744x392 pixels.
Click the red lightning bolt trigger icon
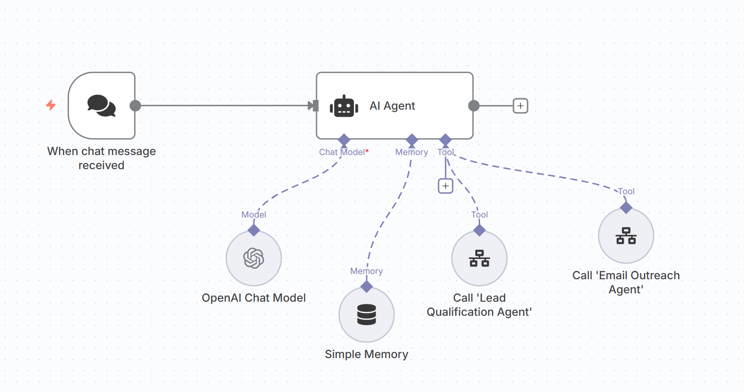click(x=51, y=105)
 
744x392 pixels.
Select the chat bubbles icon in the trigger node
click(x=101, y=106)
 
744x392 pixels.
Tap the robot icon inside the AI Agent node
click(x=344, y=106)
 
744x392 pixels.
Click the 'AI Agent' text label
click(x=392, y=106)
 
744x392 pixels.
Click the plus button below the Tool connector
click(x=446, y=186)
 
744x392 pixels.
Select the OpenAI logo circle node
click(x=254, y=258)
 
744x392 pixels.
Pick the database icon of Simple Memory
click(x=367, y=314)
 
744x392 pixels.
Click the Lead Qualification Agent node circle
click(x=480, y=258)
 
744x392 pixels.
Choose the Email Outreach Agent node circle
click(x=626, y=236)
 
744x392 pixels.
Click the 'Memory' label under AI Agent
click(x=412, y=152)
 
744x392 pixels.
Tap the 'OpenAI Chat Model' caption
click(x=254, y=298)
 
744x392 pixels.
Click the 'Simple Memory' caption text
click(x=367, y=354)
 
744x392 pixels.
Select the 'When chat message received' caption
click(x=101, y=158)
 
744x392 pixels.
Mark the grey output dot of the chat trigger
click(x=135, y=106)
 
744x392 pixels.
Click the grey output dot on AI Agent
click(x=474, y=106)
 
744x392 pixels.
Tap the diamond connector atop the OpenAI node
click(x=254, y=230)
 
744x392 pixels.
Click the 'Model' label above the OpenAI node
click(x=254, y=214)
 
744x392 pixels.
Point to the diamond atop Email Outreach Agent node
click(x=626, y=207)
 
